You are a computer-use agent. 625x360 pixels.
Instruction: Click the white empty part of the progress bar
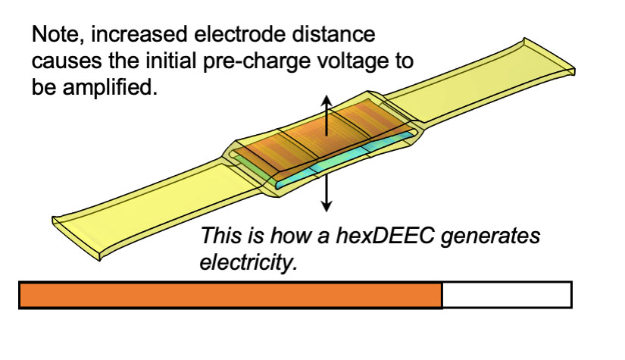point(506,295)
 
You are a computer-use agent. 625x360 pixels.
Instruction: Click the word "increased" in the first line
point(133,35)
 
